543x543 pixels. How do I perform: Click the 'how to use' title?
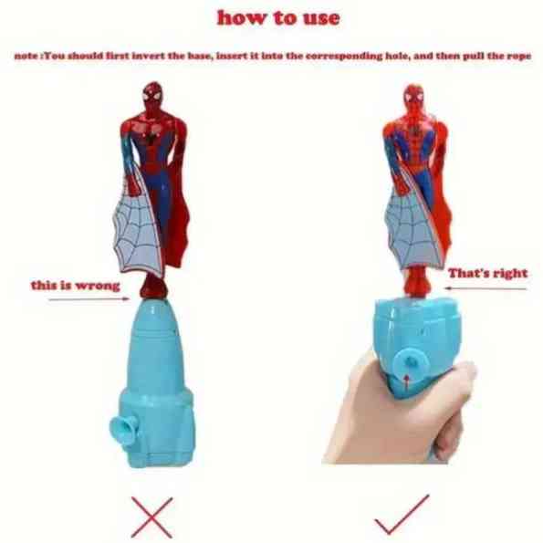[x=278, y=18]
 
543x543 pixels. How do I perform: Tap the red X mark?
[x=151, y=517]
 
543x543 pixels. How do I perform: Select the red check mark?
[x=402, y=515]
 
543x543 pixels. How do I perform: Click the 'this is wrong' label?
[x=76, y=286]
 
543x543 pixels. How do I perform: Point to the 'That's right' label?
[x=487, y=273]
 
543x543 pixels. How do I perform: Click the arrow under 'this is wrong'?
[x=89, y=299]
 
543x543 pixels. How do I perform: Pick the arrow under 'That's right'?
[x=486, y=288]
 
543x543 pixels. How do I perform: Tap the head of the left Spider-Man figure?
[x=152, y=94]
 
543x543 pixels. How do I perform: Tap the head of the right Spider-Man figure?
[x=413, y=97]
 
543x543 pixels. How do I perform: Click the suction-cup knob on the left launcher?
[x=123, y=431]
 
